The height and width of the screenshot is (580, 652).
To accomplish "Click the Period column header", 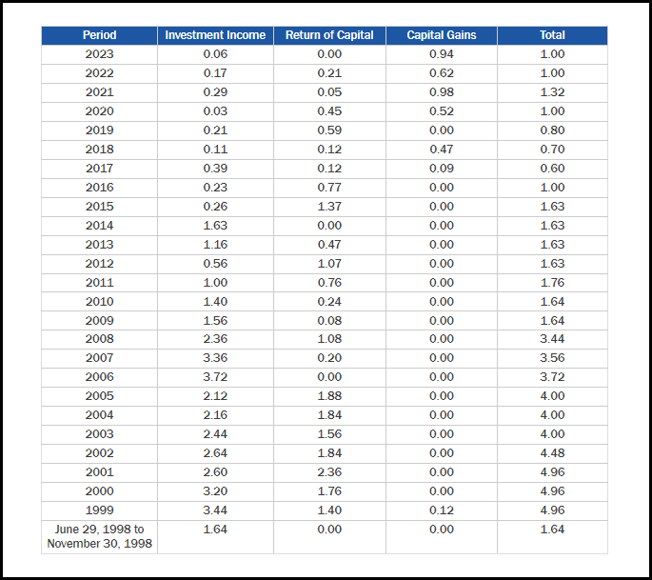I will pos(99,35).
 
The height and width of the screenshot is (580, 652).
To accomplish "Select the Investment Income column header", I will pos(215,35).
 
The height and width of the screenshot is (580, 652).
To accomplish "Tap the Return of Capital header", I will pos(329,35).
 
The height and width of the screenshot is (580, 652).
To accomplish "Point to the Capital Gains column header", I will pos(441,35).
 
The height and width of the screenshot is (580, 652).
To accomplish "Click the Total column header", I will pos(552,35).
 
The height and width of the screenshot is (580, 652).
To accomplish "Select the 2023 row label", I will pos(99,54).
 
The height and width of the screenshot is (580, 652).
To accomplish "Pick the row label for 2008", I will pos(99,339).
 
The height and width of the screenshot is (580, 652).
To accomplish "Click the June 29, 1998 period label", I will pos(99,536).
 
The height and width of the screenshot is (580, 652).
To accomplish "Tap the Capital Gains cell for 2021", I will pos(441,92).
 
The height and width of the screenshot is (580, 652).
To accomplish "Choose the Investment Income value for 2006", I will pos(215,377).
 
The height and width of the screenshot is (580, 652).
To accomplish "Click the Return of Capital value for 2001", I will pos(329,472).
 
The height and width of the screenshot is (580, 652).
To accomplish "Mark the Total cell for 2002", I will pos(552,453).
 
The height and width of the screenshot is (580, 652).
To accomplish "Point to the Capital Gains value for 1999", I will pos(441,510).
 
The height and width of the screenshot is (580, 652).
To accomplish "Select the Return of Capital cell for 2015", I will pos(329,207).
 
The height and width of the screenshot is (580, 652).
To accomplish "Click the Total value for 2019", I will pos(552,130).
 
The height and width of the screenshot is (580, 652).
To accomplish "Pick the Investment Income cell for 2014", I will pos(215,226).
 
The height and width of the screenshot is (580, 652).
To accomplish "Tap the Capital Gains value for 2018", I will pos(441,150).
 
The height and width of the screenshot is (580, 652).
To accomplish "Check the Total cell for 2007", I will pos(552,358).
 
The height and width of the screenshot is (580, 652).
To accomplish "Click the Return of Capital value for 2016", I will pos(329,188).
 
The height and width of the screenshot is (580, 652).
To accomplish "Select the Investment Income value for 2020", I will pos(215,111).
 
